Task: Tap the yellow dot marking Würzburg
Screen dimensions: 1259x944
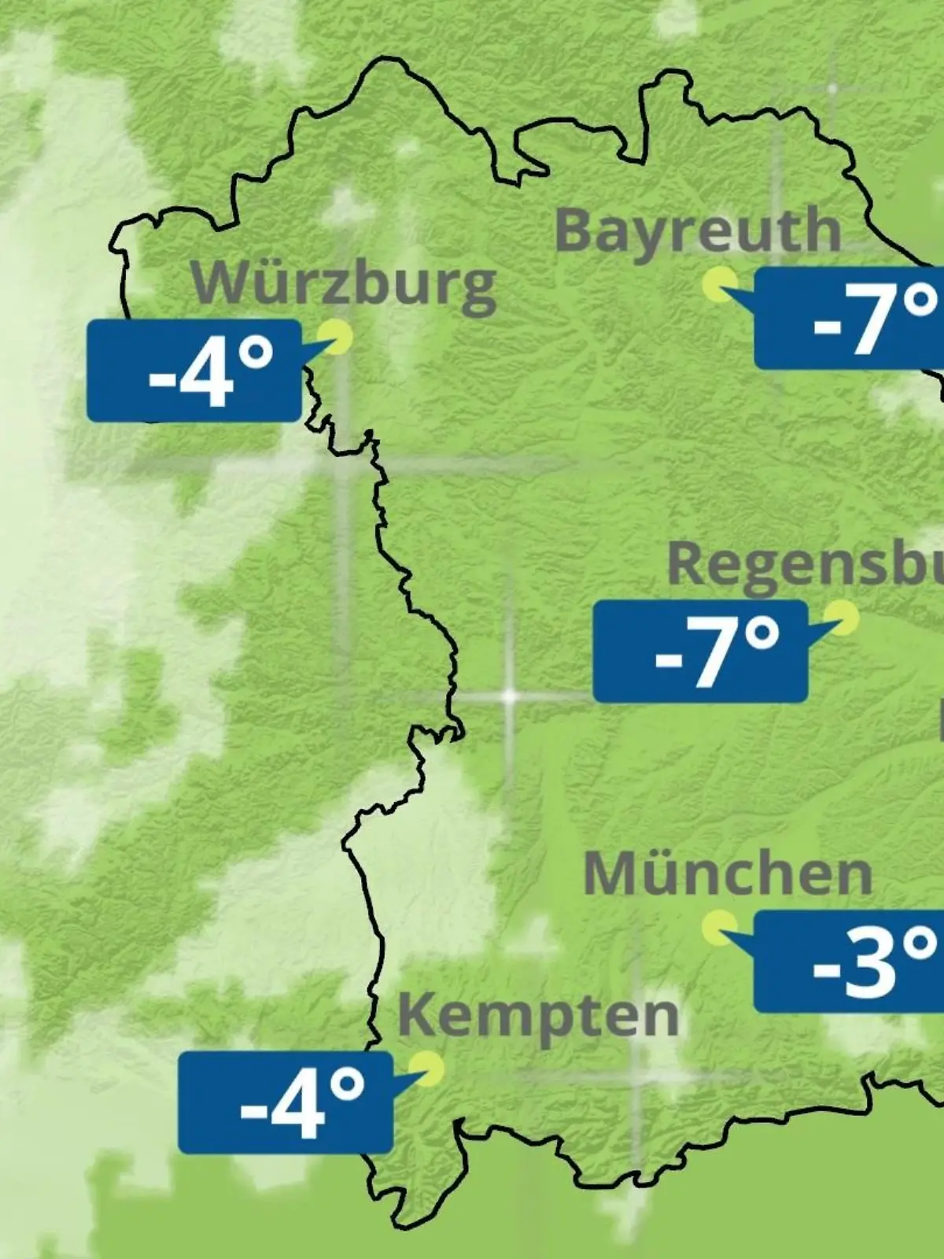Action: (339, 336)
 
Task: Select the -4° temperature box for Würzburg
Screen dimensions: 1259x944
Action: (194, 371)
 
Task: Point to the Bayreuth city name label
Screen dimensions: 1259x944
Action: (697, 231)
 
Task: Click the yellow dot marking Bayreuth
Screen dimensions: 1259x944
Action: (721, 283)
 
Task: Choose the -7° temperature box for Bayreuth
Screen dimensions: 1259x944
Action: (850, 318)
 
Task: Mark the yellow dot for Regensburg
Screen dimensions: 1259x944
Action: (843, 618)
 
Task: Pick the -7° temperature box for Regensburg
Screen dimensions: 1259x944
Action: (700, 652)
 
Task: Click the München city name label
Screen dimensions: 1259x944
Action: (728, 873)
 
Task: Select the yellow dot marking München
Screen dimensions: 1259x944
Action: (719, 928)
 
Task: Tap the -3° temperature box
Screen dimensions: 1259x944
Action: (850, 962)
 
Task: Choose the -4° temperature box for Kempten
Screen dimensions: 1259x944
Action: (285, 1102)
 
